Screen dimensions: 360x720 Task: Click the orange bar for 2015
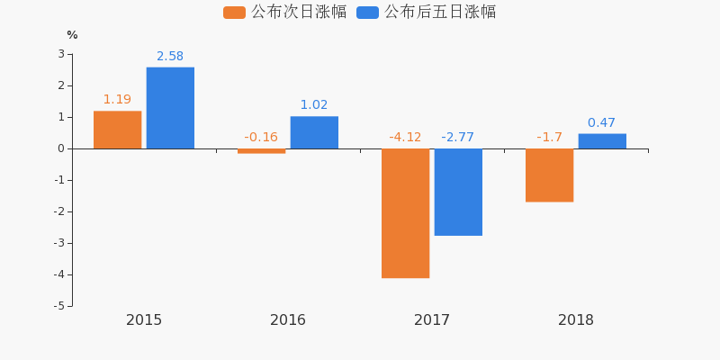click(x=117, y=130)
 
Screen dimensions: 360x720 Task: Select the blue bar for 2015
click(x=170, y=108)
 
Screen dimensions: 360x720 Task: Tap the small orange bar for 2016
click(x=261, y=151)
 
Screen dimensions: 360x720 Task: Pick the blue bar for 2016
click(x=314, y=132)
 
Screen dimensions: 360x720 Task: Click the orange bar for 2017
click(x=405, y=213)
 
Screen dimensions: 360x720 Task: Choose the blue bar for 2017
click(x=458, y=192)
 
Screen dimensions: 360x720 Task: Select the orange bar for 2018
click(x=549, y=175)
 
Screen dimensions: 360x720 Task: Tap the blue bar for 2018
click(x=602, y=141)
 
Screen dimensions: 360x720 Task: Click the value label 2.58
click(x=170, y=57)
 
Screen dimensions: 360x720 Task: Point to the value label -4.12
click(x=405, y=138)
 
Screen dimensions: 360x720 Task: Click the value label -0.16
click(x=261, y=138)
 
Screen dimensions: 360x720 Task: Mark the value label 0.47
click(x=601, y=123)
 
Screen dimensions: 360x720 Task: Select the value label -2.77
click(x=457, y=138)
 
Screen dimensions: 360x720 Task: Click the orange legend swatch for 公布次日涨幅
click(x=234, y=13)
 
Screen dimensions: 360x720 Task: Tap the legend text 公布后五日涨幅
click(x=440, y=13)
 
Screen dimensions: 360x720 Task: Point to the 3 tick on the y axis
click(x=61, y=54)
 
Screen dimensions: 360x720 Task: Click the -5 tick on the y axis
click(x=58, y=306)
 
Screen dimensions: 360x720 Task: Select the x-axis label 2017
click(x=432, y=320)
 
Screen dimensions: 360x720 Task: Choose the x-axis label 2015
click(x=144, y=320)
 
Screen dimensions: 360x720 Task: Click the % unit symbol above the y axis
click(x=72, y=35)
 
